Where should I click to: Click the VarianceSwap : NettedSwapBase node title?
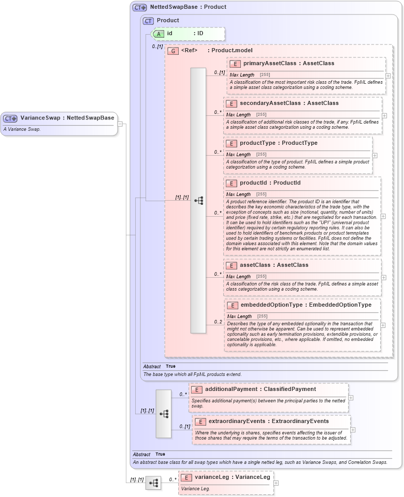tap(67, 118)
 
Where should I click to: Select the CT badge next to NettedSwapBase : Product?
tap(140, 8)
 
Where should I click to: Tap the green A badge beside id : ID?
tap(159, 34)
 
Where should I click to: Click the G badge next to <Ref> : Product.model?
tap(173, 51)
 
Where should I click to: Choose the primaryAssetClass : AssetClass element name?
tap(288, 63)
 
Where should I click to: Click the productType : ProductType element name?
tap(279, 143)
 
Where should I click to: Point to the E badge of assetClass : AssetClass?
tap(232, 265)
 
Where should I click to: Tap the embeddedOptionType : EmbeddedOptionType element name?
tap(306, 305)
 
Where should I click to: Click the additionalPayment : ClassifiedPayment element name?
tap(260, 389)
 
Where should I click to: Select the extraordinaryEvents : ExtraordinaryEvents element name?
tap(268, 421)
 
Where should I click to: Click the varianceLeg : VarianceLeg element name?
tap(232, 477)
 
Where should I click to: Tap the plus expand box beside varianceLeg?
tap(276, 483)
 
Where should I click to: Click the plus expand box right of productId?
tap(383, 217)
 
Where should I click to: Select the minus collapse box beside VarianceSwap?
tap(120, 124)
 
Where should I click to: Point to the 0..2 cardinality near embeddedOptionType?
tap(218, 322)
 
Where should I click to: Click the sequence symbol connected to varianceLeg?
tap(153, 483)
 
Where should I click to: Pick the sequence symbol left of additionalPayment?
tap(164, 414)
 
